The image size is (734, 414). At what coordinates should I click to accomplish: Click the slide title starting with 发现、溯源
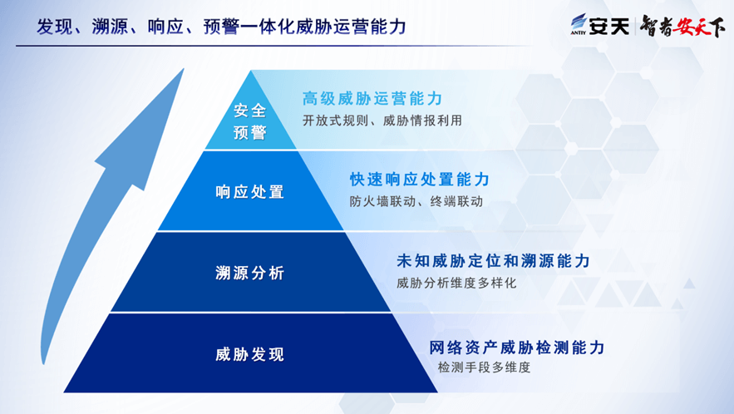221,27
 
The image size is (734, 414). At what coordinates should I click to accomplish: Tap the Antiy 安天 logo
599,25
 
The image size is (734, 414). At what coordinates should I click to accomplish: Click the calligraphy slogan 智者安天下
682,26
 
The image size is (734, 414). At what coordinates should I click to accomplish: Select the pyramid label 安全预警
250,121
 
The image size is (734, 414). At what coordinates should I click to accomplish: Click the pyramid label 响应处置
250,191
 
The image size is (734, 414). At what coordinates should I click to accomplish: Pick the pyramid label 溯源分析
250,273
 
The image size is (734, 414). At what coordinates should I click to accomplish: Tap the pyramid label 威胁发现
250,354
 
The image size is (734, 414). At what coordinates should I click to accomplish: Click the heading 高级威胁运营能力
372,98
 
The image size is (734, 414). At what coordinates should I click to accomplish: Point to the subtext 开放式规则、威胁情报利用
382,121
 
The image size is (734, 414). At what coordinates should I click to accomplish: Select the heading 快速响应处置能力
420,180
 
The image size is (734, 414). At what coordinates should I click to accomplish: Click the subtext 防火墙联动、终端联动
416,201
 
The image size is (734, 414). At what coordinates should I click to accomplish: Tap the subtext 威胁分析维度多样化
456,283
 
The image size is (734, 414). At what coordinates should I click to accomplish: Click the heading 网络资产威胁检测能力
517,347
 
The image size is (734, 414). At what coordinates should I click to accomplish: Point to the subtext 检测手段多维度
484,367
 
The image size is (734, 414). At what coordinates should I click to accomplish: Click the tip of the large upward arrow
184,69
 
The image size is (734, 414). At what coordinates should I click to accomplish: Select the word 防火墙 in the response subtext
369,201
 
